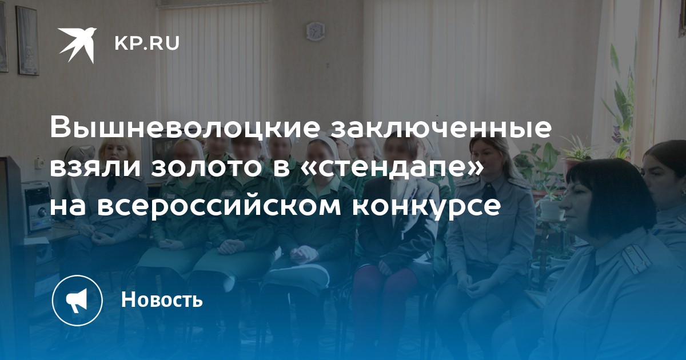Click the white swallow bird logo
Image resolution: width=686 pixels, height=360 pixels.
tap(78, 45)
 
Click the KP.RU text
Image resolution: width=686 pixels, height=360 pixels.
tap(147, 43)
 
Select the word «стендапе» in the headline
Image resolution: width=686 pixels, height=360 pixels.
tap(379, 168)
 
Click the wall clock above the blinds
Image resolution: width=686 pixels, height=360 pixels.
tap(315, 31)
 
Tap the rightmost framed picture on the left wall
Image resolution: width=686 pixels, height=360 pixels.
tap(27, 41)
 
